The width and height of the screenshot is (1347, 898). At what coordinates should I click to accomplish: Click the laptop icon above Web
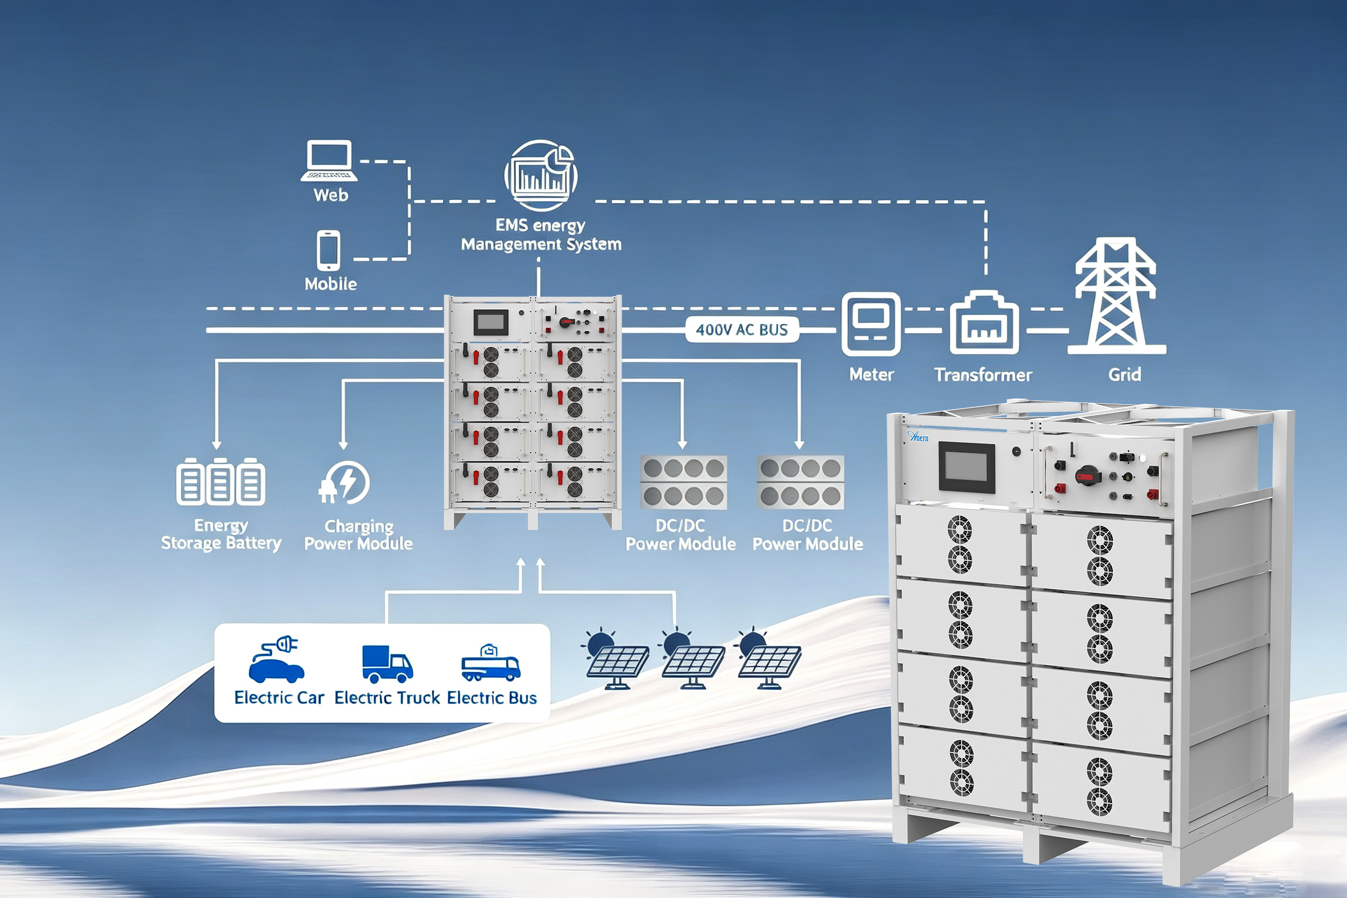pos(329,161)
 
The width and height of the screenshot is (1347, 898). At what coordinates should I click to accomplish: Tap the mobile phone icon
pos(328,250)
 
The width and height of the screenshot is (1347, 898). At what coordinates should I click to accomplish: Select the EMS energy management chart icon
pos(541,175)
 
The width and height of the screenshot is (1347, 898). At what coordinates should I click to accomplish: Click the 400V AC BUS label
pos(741,330)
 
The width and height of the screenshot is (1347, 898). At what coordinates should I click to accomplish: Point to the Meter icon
pos(870,324)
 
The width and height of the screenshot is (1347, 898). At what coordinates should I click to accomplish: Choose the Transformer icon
pos(984,323)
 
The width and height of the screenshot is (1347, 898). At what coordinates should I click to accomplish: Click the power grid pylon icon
pos(1116,296)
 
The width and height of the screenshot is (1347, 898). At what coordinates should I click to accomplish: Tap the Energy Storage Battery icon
pos(221,481)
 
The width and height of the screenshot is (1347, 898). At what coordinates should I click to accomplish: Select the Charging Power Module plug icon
pos(344,482)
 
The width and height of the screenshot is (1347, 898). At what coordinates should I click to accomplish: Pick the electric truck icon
pos(387,664)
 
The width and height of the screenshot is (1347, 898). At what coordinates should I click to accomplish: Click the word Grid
pos(1124,375)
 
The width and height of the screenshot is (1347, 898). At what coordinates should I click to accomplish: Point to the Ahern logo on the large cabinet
pos(918,437)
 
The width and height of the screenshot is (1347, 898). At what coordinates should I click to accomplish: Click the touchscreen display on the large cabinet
pos(967,467)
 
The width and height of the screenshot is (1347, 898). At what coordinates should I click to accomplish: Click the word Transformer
pos(983,375)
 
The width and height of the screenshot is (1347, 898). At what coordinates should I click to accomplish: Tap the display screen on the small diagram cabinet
pos(491,322)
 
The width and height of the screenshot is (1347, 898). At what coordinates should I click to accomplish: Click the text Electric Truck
pos(387,698)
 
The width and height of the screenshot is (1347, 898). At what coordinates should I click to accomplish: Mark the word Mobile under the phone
pos(330,283)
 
